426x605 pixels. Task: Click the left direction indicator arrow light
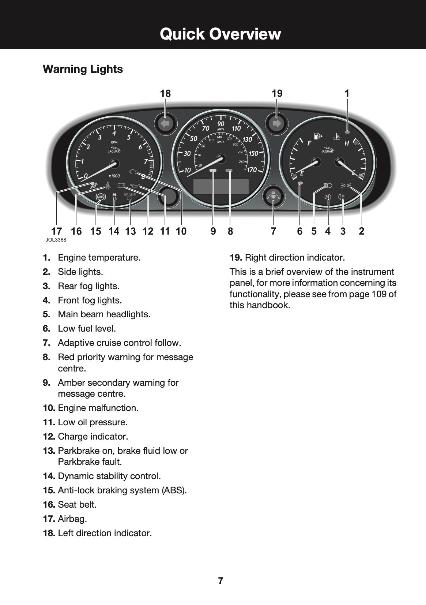pos(166,124)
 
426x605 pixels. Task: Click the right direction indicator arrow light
pos(277,124)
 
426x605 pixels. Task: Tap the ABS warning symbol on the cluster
pos(100,197)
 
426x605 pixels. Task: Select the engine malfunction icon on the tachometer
pos(134,172)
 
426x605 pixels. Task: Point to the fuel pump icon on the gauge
pos(318,137)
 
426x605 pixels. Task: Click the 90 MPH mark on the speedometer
pos(221,124)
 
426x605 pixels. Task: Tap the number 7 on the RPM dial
pos(146,161)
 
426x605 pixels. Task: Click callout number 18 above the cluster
pos(165,94)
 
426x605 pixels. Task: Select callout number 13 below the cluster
pos(130,231)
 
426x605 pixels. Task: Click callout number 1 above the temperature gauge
pos(347,94)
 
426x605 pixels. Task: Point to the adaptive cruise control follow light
pos(274,196)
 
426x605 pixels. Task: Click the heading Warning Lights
pos(83,69)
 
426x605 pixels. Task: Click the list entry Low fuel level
pos(87,329)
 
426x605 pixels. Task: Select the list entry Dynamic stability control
pos(109,476)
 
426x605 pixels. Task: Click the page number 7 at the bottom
pos(220,581)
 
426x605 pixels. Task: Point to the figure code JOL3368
pos(56,240)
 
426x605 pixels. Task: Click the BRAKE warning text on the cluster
pos(129,195)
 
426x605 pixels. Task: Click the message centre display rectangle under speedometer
pos(221,186)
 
